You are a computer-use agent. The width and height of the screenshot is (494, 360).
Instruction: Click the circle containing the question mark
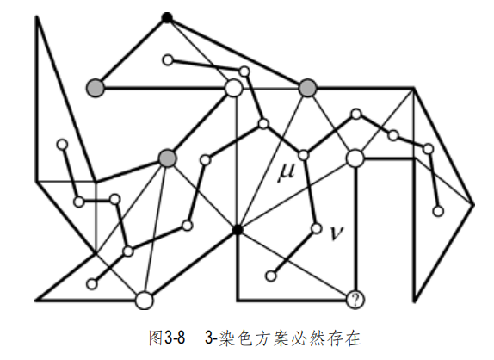[x=355, y=300]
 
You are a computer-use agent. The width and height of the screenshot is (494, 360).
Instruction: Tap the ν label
[x=337, y=233]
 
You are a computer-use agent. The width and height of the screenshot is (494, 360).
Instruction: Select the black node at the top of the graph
[x=167, y=17]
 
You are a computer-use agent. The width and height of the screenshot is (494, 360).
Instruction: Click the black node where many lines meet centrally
[x=238, y=230]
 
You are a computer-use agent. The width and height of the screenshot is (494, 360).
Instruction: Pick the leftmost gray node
[x=96, y=88]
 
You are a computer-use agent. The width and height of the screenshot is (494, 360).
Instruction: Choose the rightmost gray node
[x=307, y=88]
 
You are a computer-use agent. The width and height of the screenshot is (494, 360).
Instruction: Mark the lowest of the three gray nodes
[x=167, y=158]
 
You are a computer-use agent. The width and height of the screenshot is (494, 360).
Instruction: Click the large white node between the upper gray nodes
[x=234, y=88]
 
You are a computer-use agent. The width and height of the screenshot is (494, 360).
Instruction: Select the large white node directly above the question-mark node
[x=355, y=158]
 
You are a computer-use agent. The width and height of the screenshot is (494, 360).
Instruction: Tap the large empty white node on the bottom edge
[x=145, y=300]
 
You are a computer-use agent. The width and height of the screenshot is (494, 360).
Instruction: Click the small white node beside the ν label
[x=316, y=228]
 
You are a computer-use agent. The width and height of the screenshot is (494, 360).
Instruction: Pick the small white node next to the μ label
[x=304, y=155]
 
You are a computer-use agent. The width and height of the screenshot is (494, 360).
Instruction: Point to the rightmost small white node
[x=438, y=211]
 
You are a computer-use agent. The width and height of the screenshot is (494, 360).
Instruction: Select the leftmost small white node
[x=63, y=145]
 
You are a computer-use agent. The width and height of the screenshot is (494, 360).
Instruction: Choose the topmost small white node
[x=168, y=60]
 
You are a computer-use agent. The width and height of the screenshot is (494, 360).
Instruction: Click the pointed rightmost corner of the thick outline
[x=474, y=205]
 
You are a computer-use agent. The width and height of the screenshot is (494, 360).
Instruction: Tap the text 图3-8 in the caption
[x=167, y=338]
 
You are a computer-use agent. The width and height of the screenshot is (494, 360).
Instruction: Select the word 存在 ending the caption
[x=344, y=338]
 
